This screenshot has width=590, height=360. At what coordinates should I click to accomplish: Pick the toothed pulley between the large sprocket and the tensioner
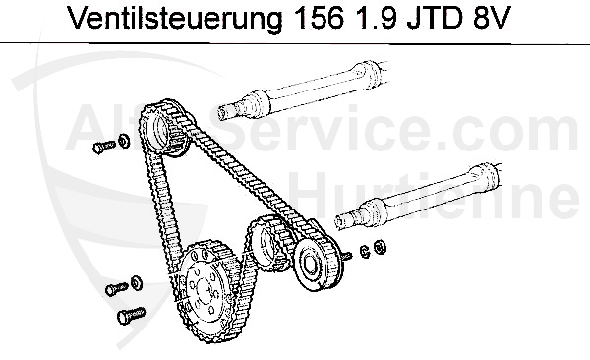(265, 242)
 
